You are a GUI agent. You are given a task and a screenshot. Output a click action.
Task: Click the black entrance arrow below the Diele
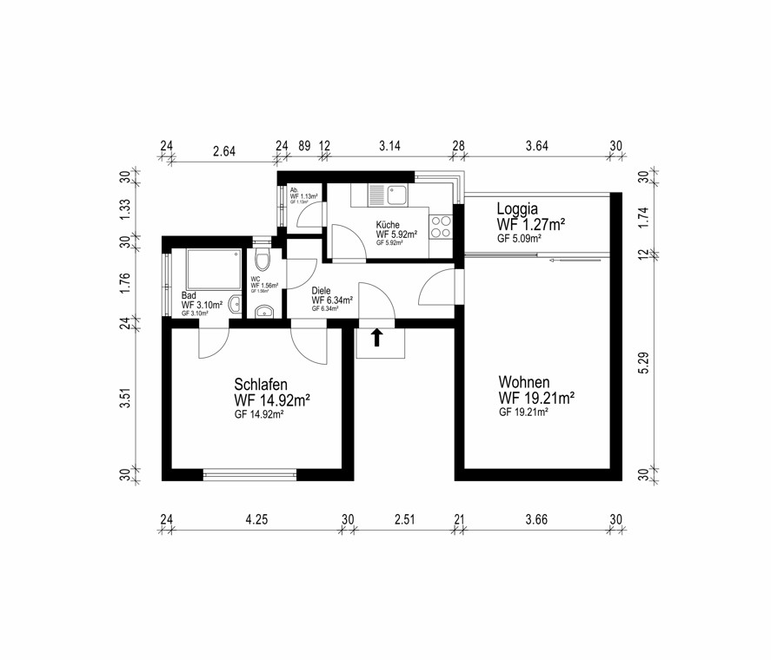376,338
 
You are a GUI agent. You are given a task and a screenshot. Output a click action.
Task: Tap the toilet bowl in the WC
265,261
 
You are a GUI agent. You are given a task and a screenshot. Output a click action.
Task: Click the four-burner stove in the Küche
441,226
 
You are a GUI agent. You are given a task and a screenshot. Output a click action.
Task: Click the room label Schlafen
261,385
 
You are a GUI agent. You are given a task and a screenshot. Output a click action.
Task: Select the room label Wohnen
524,381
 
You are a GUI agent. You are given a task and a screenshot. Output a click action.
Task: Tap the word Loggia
518,208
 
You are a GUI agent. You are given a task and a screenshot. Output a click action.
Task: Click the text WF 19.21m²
536,398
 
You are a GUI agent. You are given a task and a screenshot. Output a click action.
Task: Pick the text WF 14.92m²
272,400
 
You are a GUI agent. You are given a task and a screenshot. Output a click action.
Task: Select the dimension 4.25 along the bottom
256,519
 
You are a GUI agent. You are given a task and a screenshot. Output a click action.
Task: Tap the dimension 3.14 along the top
389,146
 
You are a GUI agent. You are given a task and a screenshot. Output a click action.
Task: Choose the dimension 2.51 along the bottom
404,519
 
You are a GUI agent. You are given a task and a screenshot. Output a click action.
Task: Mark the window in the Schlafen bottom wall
249,474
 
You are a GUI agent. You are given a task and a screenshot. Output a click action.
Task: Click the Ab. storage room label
295,190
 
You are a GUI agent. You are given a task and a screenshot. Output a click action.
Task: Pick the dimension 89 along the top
304,146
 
